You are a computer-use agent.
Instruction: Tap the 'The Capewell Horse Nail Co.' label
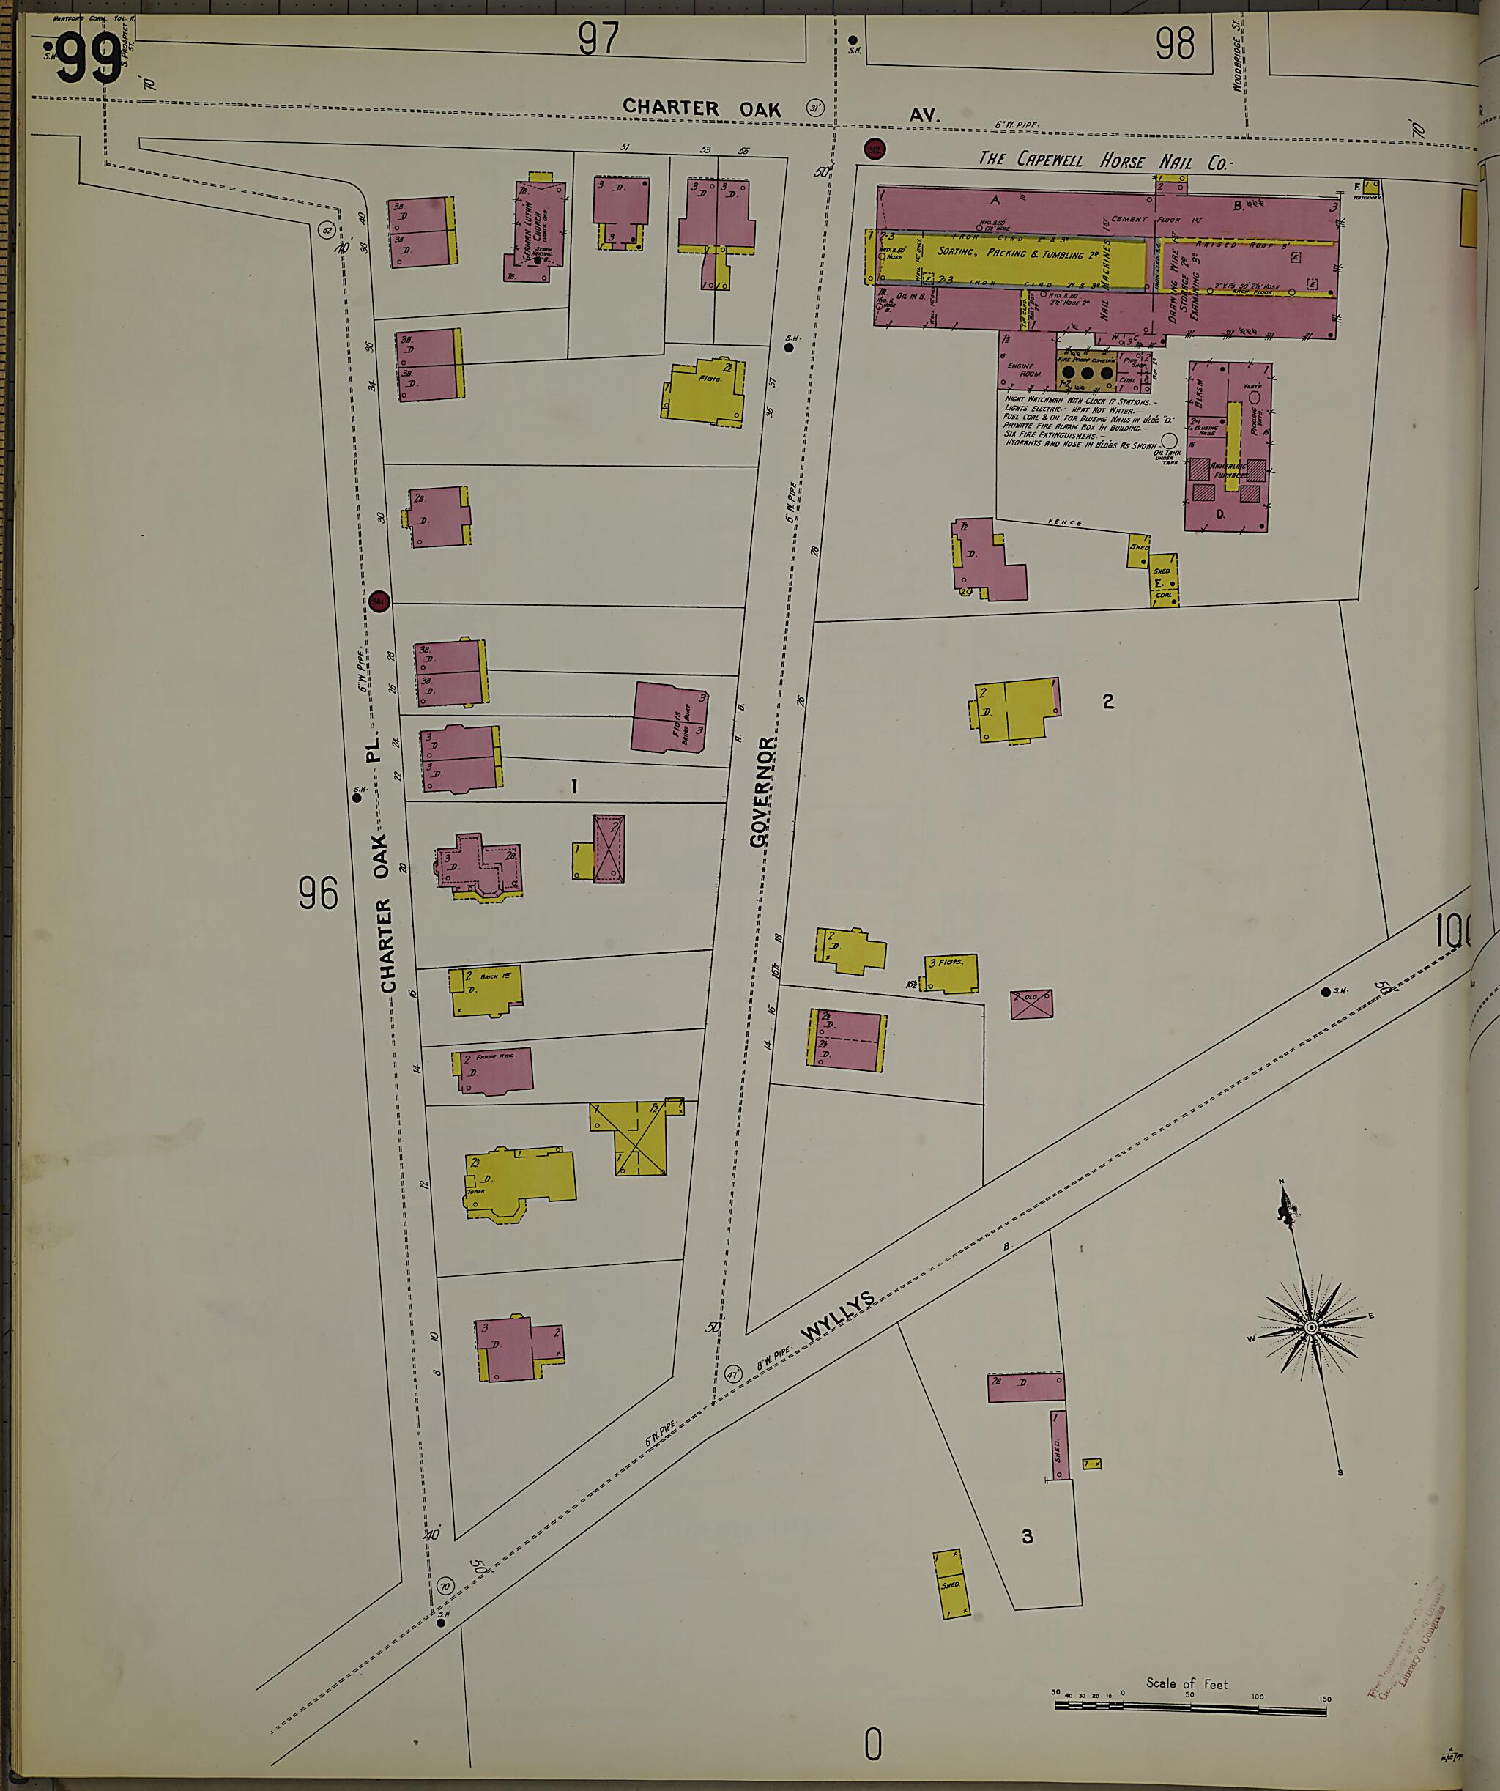coord(1105,160)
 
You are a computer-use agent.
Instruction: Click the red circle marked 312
coord(874,149)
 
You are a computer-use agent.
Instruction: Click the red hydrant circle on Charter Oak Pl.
coord(379,601)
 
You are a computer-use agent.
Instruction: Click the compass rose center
coord(1312,1353)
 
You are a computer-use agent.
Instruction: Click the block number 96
coord(318,894)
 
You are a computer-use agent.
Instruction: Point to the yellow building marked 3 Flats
coord(951,973)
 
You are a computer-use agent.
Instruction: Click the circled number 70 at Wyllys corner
coord(445,1587)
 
